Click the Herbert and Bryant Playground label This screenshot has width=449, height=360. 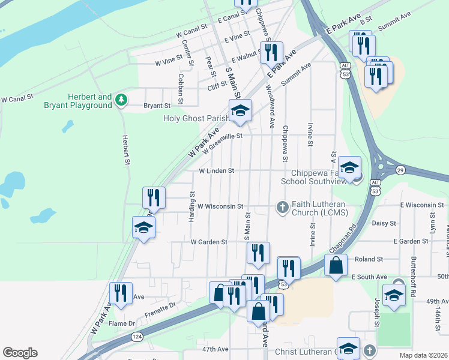[x=89, y=101]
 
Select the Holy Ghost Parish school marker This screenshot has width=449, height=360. [x=240, y=111]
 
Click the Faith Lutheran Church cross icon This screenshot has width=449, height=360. [x=283, y=207]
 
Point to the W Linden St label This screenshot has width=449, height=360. [x=216, y=171]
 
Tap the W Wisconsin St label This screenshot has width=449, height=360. [x=220, y=206]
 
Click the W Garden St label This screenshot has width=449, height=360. [x=209, y=242]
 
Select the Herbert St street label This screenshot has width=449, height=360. [x=127, y=149]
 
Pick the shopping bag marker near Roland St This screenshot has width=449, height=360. [x=336, y=265]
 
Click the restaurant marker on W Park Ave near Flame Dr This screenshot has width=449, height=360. [x=121, y=294]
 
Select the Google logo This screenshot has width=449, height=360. [x=20, y=353]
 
